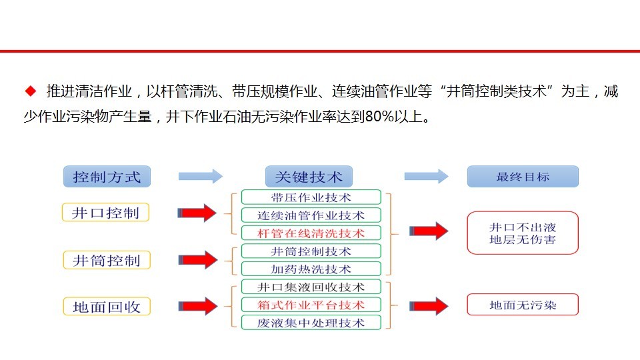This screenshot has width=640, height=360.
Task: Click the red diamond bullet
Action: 31,91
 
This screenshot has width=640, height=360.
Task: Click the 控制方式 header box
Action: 107,176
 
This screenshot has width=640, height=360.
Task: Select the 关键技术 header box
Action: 309,176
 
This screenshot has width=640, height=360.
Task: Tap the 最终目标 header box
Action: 523,176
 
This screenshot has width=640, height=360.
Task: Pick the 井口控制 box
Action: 106,212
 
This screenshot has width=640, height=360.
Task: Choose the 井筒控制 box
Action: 107,260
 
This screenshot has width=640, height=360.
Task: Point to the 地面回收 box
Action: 107,307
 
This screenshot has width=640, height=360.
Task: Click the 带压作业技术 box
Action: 311,197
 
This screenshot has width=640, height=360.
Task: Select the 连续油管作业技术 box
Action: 311,215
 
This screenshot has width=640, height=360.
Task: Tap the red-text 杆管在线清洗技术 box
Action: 311,233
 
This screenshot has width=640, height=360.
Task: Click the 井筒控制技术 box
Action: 311,251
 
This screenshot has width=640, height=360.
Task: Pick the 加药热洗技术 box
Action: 311,269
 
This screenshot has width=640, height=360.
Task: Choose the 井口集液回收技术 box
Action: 311,287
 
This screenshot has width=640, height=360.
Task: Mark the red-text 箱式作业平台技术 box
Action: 311,305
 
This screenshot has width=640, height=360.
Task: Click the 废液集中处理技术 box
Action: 311,323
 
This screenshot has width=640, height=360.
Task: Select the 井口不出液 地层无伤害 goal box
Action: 523,233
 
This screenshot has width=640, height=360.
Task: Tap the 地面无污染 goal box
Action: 523,305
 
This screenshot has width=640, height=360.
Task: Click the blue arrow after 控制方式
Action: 201,176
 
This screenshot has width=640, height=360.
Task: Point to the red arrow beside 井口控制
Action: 197,213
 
